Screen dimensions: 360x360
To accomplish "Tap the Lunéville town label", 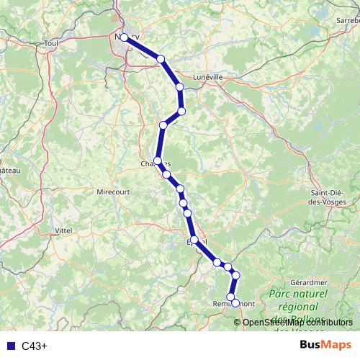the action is click(x=209, y=76).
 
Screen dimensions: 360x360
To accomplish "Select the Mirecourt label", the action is click(x=113, y=192).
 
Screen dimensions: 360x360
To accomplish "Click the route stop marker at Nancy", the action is click(x=124, y=37).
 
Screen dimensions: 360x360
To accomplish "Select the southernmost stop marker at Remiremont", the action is click(x=235, y=304).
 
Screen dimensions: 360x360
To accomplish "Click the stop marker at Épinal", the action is click(x=194, y=240).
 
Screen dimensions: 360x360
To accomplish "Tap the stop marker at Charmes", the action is click(x=158, y=161).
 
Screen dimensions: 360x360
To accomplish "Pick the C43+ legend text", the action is click(x=35, y=346).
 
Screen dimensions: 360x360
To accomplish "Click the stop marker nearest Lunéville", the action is click(x=180, y=86).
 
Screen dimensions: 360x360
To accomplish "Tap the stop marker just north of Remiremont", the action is click(x=231, y=297).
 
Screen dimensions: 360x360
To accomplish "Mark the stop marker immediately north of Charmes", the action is click(x=163, y=125).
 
